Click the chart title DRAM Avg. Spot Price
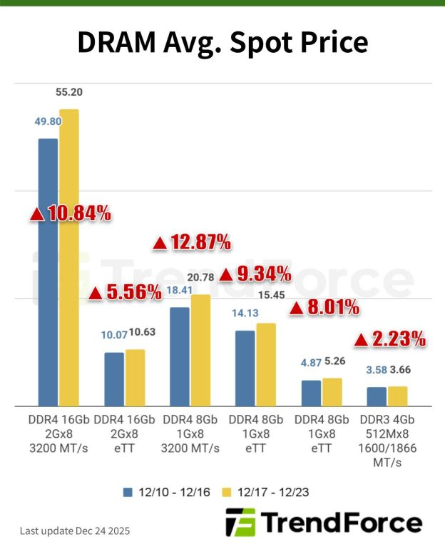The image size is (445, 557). (x=222, y=43)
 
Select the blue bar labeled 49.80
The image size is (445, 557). (x=48, y=271)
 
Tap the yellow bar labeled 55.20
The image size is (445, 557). (x=69, y=257)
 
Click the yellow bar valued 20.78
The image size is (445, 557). (x=201, y=350)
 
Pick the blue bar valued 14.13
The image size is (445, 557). (x=245, y=368)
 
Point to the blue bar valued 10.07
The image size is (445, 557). (x=114, y=379)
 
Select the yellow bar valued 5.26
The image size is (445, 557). (x=332, y=392)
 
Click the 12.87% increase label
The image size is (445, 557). (x=192, y=243)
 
